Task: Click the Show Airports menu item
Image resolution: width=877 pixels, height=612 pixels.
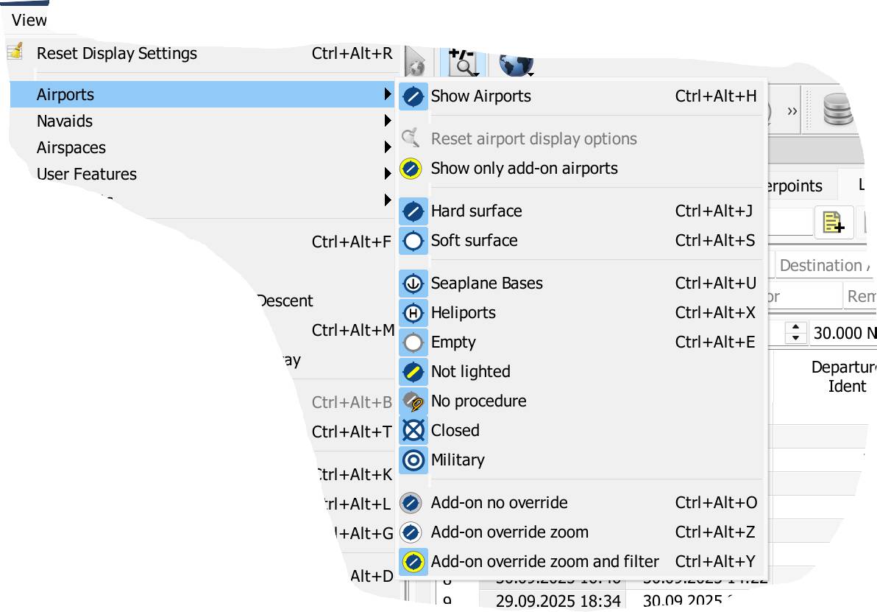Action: point(480,96)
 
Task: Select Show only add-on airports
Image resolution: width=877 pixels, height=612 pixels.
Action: point(524,169)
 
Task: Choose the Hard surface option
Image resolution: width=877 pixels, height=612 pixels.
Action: point(476,211)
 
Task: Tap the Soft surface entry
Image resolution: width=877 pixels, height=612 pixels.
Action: point(474,241)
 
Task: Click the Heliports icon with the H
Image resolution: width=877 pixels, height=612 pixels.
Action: point(413,313)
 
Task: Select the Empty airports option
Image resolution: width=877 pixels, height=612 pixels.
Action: point(453,342)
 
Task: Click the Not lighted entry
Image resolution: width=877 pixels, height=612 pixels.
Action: point(470,372)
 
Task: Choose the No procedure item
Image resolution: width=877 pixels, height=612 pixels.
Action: point(478,401)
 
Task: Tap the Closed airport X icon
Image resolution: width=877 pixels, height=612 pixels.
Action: point(413,431)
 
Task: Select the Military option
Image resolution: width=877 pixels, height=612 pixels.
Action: point(458,460)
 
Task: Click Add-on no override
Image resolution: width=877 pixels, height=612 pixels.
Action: point(499,503)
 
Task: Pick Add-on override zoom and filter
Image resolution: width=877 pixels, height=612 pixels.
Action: point(544,562)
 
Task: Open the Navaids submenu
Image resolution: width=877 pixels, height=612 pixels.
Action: point(65,122)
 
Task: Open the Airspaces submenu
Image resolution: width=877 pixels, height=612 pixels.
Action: point(71,148)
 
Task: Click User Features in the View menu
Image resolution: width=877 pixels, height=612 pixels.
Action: point(87,175)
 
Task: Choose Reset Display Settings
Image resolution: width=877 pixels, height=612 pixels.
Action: point(116,54)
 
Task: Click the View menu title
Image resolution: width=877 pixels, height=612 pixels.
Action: point(29,21)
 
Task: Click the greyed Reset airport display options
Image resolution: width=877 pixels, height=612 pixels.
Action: point(533,139)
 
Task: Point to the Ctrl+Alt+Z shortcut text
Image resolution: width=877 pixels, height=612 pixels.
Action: point(715,532)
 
